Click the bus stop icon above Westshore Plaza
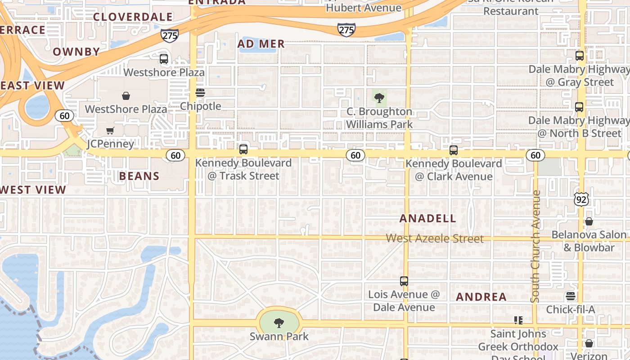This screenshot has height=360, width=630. pyautogui.click(x=164, y=59)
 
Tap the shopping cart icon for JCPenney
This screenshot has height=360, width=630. pyautogui.click(x=110, y=131)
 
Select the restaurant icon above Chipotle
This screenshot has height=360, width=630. pyautogui.click(x=200, y=93)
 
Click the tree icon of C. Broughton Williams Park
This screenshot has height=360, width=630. pyautogui.click(x=379, y=97)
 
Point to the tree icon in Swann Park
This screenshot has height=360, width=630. pyautogui.click(x=279, y=323)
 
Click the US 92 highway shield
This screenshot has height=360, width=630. pyautogui.click(x=581, y=199)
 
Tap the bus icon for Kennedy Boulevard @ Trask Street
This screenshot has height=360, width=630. pyautogui.click(x=243, y=149)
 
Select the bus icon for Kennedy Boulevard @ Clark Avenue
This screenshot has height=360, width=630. pyautogui.click(x=454, y=150)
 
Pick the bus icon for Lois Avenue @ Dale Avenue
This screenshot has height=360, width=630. pyautogui.click(x=404, y=281)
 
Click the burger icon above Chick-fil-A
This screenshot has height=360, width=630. pyautogui.click(x=571, y=296)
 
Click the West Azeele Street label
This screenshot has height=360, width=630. pyautogui.click(x=435, y=238)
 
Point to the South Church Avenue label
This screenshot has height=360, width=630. pyautogui.click(x=535, y=246)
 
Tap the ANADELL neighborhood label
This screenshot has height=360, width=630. pyautogui.click(x=428, y=219)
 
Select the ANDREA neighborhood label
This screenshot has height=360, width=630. pyautogui.click(x=481, y=297)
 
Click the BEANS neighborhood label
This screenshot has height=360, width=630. pyautogui.click(x=139, y=176)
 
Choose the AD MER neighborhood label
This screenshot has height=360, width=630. pyautogui.click(x=261, y=44)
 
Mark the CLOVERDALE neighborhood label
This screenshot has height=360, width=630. pyautogui.click(x=133, y=17)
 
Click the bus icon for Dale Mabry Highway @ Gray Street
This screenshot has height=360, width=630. pyautogui.click(x=580, y=56)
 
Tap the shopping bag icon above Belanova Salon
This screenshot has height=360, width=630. pyautogui.click(x=589, y=221)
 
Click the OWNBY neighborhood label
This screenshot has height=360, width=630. pyautogui.click(x=76, y=52)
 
